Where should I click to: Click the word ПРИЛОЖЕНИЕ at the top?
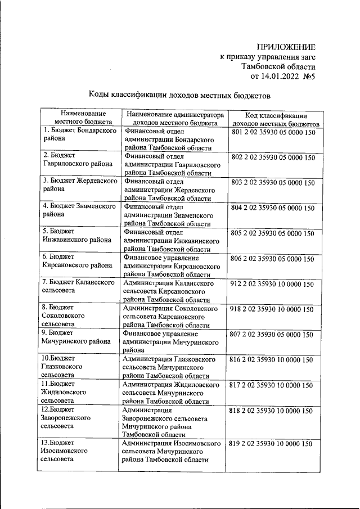286,47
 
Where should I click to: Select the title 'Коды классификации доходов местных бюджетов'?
179,96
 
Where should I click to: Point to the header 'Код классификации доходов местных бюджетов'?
276,118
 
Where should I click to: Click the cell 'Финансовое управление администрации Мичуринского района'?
170,341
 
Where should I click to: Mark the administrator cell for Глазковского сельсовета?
170,367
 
